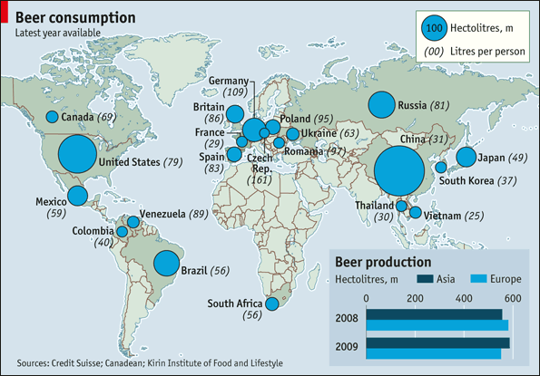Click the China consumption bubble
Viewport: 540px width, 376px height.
click(399, 171)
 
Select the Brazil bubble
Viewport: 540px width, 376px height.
click(166, 263)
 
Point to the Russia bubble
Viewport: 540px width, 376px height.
click(381, 105)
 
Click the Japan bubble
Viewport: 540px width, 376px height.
click(466, 158)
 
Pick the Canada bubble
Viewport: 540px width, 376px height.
click(52, 117)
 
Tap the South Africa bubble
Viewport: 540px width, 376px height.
click(270, 304)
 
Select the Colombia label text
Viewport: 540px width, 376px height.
click(94, 231)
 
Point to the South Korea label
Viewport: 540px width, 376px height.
click(480, 180)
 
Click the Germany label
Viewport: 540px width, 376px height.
click(228, 80)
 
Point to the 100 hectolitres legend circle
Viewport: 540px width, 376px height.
click(434, 27)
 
